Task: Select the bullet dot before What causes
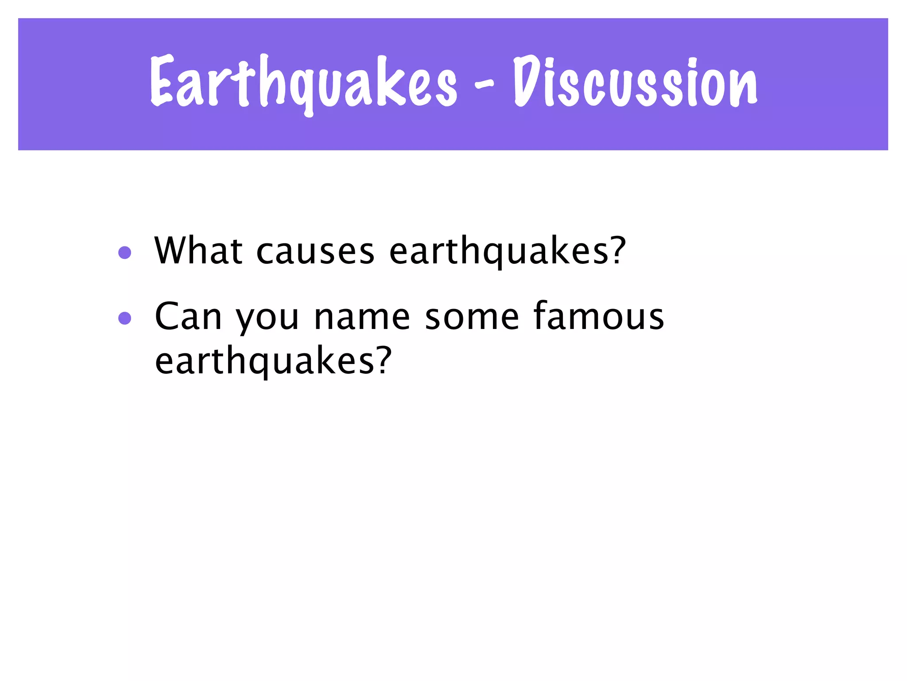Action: tap(125, 253)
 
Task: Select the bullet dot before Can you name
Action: tap(125, 318)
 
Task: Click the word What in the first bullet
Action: tap(198, 250)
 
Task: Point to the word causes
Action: tap(315, 252)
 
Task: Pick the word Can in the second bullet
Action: tap(188, 317)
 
